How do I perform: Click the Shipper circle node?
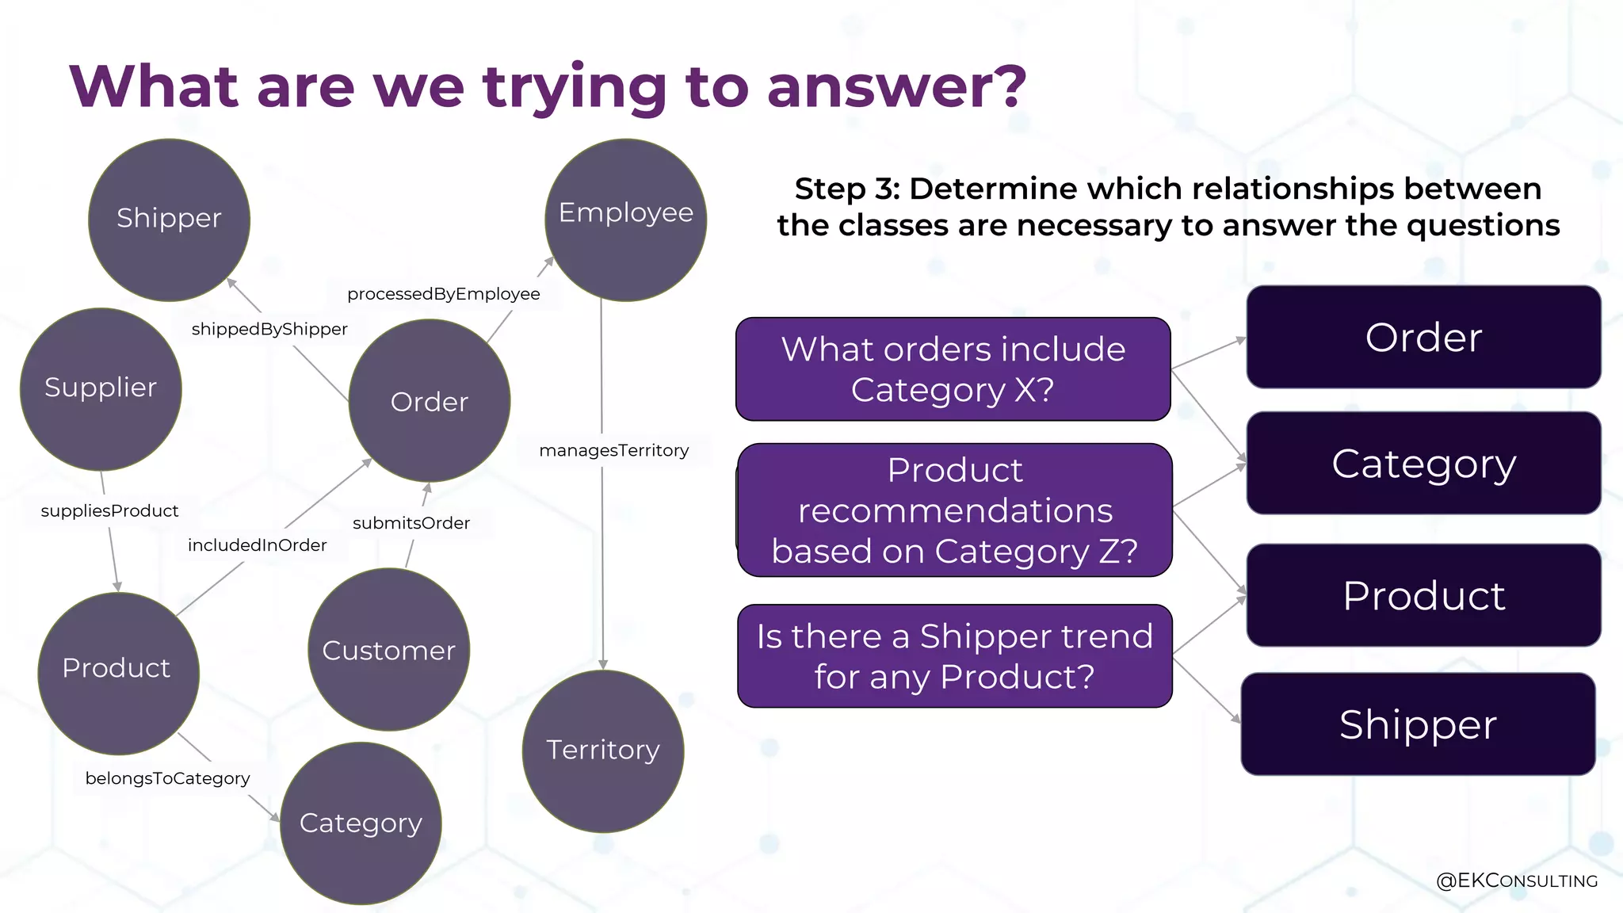click(169, 220)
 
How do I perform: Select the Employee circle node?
click(625, 220)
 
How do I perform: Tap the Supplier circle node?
click(101, 388)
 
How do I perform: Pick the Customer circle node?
click(388, 649)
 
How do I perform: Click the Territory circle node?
click(602, 750)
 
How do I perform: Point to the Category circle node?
click(361, 823)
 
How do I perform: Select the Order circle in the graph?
click(429, 401)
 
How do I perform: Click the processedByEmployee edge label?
click(443, 294)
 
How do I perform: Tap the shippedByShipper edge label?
click(269, 329)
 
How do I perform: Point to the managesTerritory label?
click(613, 450)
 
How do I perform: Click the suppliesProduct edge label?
click(109, 511)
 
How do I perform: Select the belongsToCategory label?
click(167, 778)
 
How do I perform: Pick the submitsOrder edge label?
click(411, 523)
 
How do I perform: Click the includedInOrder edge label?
click(257, 545)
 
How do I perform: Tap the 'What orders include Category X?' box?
click(953, 369)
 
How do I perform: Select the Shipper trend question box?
click(954, 656)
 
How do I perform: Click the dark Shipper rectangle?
click(1418, 724)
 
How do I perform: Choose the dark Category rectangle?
click(1423, 464)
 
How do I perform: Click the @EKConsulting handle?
click(1516, 881)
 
